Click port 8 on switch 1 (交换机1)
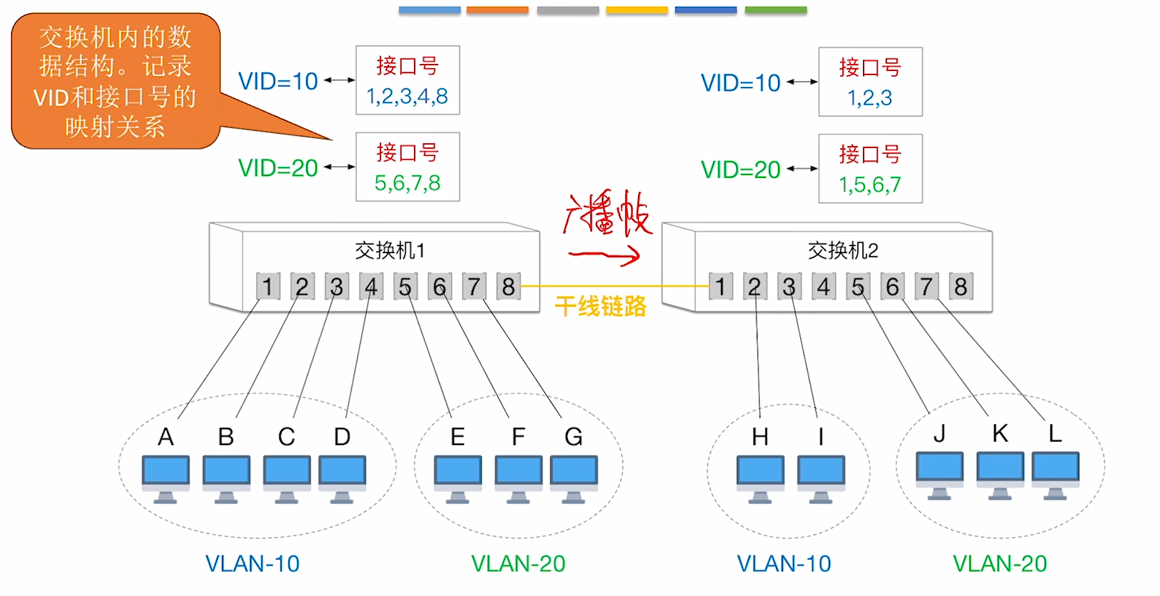508,287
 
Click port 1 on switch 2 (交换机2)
720,287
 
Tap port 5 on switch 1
405,287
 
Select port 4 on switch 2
823,287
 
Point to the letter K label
1000,433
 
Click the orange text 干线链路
601,306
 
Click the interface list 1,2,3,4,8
407,96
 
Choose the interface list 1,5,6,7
870,184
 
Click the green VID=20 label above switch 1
278,168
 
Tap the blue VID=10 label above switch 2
740,83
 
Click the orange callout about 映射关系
116,81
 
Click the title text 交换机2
843,250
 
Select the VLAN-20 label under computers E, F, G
518,563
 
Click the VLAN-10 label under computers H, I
784,563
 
